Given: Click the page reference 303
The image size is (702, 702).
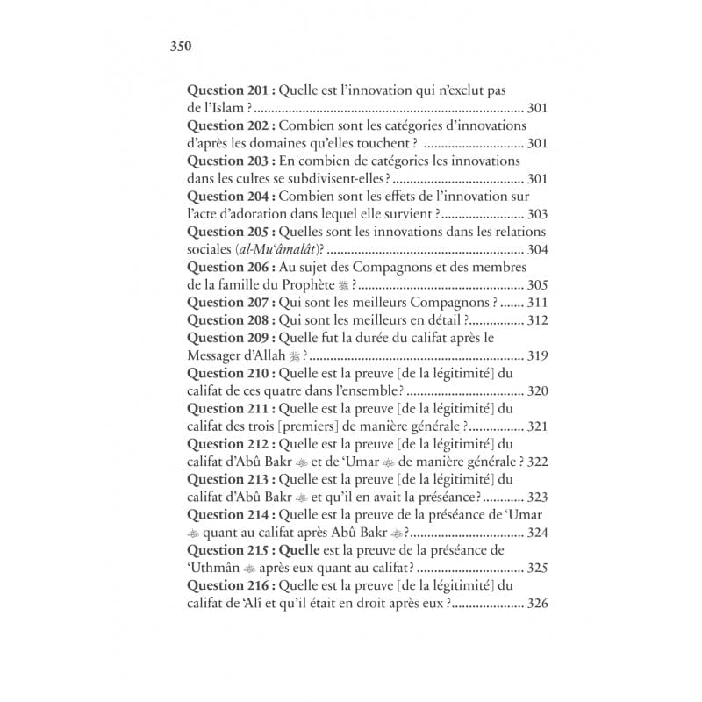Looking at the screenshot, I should [537, 214].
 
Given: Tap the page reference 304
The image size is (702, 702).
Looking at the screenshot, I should [537, 249].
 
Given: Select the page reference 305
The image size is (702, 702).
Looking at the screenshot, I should [537, 284].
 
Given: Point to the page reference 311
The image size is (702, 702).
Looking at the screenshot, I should [537, 302].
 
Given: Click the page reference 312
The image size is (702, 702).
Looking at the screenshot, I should [537, 319].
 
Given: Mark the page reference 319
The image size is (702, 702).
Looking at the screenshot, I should [537, 355].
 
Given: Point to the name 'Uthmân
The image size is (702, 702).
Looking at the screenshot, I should [215, 568].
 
